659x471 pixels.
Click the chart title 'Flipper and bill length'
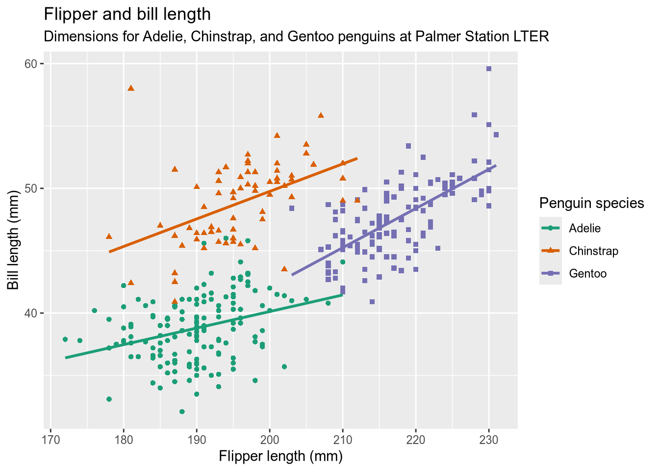pyautogui.click(x=127, y=15)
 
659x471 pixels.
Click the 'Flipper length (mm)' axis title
pyautogui.click(x=280, y=456)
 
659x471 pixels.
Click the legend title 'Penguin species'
pyautogui.click(x=591, y=203)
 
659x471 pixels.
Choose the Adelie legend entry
pyautogui.click(x=584, y=228)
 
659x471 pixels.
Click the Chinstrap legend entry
pyautogui.click(x=593, y=251)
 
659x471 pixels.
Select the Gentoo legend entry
pyautogui.click(x=587, y=274)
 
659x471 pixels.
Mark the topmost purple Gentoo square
pyautogui.click(x=489, y=69)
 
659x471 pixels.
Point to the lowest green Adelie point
pyautogui.click(x=182, y=412)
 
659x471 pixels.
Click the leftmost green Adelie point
pyautogui.click(x=65, y=340)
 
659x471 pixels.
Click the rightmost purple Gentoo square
pyautogui.click(x=496, y=135)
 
